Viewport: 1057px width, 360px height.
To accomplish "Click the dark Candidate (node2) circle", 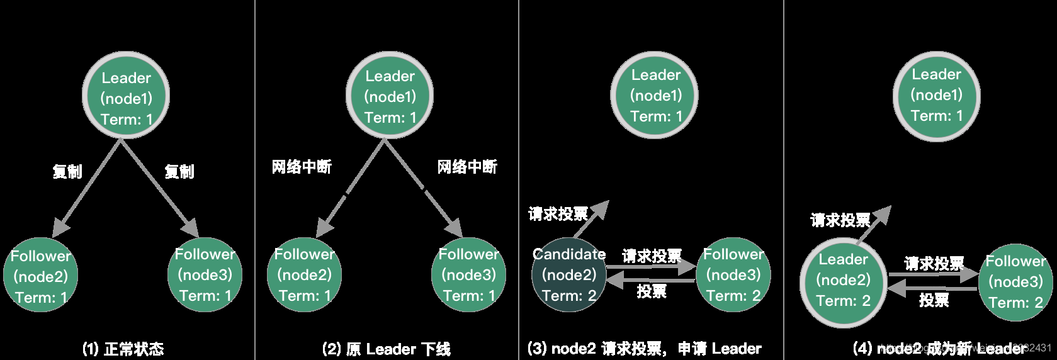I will click(568, 275).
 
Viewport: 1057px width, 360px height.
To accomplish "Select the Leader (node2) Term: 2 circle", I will click(843, 281).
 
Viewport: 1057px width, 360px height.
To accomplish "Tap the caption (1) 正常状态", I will click(123, 349).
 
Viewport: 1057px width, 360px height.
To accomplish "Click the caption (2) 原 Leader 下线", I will click(386, 349).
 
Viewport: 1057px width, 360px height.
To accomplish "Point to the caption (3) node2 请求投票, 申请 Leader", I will click(644, 349).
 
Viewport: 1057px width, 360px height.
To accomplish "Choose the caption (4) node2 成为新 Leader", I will click(938, 348).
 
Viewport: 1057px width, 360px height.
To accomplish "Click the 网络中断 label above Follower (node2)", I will click(301, 167).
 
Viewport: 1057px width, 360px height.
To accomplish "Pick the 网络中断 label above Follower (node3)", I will click(467, 167).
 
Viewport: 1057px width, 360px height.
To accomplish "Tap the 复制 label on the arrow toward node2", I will click(67, 171).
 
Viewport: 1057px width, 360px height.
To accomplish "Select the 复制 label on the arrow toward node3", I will click(179, 171).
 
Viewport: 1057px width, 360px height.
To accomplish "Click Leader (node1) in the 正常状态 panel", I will click(126, 96).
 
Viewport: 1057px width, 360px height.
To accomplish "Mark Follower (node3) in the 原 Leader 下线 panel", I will click(468, 275).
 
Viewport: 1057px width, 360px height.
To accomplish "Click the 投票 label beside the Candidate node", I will click(651, 291).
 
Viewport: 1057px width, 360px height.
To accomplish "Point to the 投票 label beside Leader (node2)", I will click(934, 300).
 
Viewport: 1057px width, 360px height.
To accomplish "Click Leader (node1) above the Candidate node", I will click(655, 96).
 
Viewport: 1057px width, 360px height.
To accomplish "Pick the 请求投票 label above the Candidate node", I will click(558, 214).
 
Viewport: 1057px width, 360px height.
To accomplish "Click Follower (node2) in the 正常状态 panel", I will click(41, 275).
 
